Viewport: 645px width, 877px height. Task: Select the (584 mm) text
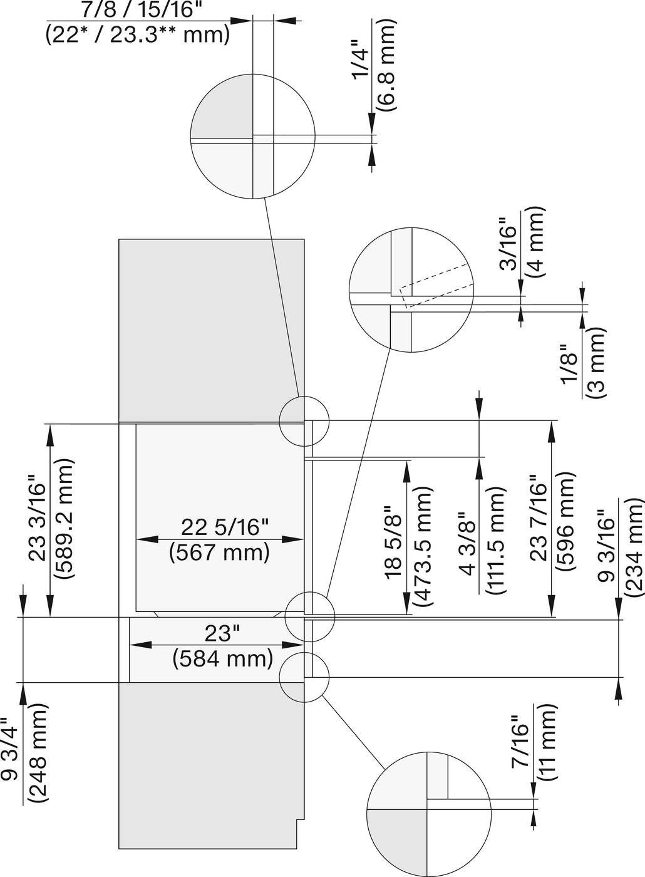click(x=223, y=658)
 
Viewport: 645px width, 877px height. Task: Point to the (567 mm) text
click(x=219, y=552)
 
